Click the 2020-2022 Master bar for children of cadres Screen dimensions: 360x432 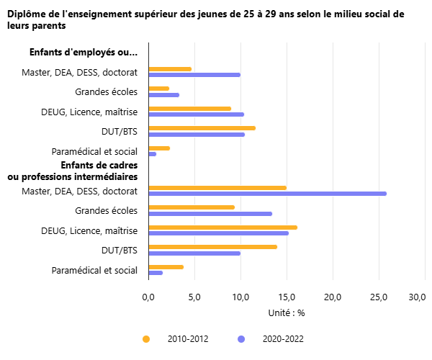267,194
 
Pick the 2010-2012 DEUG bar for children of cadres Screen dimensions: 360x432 222,228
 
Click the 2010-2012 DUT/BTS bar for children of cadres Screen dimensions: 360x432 212,247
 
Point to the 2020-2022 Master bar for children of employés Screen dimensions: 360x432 194,75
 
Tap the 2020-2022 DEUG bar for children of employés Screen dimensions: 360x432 196,114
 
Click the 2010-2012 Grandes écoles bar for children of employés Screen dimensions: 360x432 158,89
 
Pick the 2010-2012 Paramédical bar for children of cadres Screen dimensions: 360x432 166,267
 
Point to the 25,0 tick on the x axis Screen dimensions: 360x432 379,297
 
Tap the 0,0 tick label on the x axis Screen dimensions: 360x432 148,297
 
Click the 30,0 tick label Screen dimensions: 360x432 417,297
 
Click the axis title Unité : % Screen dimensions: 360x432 287,313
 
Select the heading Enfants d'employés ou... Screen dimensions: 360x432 83,52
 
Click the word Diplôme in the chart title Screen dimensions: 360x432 26,14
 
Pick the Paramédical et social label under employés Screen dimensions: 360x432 94,151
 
